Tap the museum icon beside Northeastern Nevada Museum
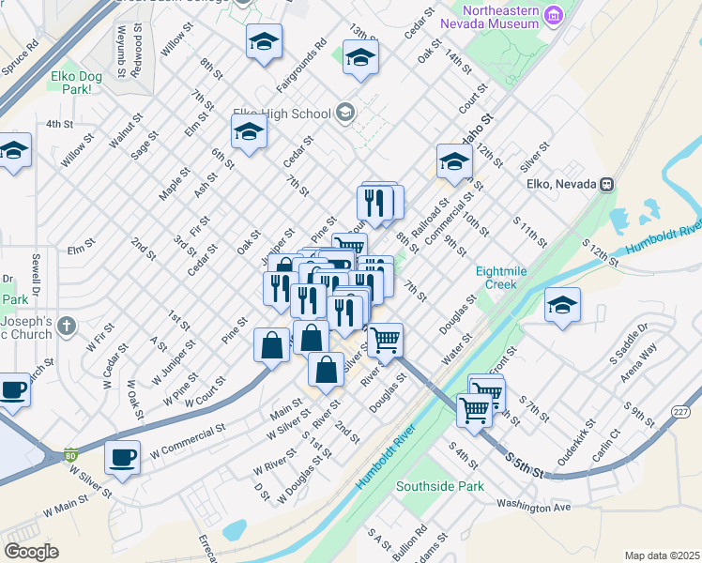tap(554, 15)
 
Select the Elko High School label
tap(286, 114)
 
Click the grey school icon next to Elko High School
tap(344, 114)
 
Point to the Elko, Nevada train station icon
tap(608, 184)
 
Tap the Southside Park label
tap(439, 486)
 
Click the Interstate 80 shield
tap(71, 456)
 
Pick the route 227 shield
tap(680, 411)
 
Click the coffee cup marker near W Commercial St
tap(122, 457)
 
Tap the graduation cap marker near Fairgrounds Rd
tap(265, 41)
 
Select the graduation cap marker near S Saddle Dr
tap(562, 305)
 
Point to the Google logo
tap(31, 552)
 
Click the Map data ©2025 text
tap(661, 555)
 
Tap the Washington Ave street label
tap(534, 508)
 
